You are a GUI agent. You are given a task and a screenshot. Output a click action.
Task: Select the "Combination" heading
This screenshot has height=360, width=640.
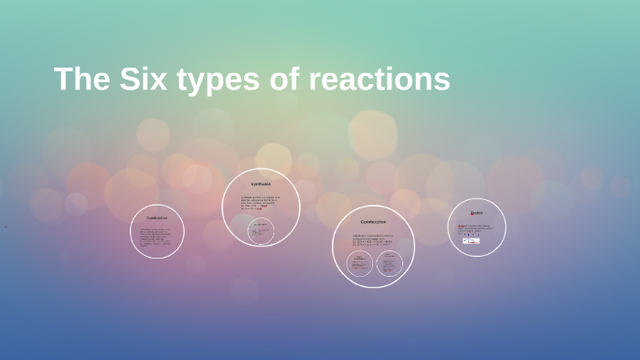(157, 218)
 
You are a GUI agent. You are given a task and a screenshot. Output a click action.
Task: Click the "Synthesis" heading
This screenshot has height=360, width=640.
(261, 184)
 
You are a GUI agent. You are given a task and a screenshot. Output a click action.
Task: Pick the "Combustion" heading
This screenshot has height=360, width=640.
(373, 222)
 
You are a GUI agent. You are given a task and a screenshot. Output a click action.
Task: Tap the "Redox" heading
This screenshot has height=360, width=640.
(476, 213)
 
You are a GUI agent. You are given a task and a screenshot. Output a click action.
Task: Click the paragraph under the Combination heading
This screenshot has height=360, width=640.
(157, 238)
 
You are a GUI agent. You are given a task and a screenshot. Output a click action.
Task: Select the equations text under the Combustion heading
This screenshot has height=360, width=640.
(373, 241)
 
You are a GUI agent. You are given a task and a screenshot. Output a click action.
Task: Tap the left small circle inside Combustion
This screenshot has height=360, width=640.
(360, 264)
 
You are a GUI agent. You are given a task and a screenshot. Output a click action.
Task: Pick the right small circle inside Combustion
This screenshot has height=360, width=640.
(389, 264)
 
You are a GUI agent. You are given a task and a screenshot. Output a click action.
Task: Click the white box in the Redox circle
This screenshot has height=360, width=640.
(471, 240)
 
